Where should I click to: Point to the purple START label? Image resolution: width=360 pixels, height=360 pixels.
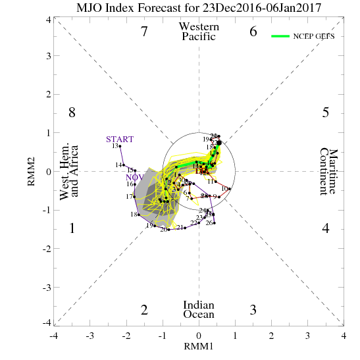point(120,139)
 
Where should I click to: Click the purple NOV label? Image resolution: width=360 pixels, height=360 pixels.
point(134,177)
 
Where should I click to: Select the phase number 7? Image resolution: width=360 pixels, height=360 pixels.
point(145,31)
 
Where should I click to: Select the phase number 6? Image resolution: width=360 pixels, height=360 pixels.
point(253,31)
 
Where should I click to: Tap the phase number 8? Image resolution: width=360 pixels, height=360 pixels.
point(72,113)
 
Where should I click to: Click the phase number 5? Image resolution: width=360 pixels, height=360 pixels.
point(325,113)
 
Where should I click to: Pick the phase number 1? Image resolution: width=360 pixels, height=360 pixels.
point(72,228)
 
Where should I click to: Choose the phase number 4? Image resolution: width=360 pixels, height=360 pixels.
point(325,228)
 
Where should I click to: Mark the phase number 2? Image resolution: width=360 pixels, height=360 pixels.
point(145,310)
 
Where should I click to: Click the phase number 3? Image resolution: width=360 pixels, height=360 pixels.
point(253,310)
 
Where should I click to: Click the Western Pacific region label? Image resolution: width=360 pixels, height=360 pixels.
point(199,31)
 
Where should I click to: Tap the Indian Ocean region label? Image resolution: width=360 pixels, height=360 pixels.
point(199,309)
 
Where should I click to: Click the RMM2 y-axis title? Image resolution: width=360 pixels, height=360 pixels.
point(31,171)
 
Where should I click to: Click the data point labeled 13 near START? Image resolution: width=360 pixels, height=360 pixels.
point(120,146)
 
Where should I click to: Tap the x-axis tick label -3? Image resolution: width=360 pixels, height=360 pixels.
point(90,335)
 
